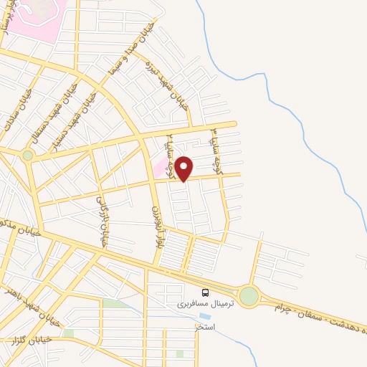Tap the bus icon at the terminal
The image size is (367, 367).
(206, 292)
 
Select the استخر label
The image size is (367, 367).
(206, 327)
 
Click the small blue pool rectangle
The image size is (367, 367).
(206, 316)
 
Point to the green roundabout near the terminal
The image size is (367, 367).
(249, 295)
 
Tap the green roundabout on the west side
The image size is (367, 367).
(28, 155)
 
